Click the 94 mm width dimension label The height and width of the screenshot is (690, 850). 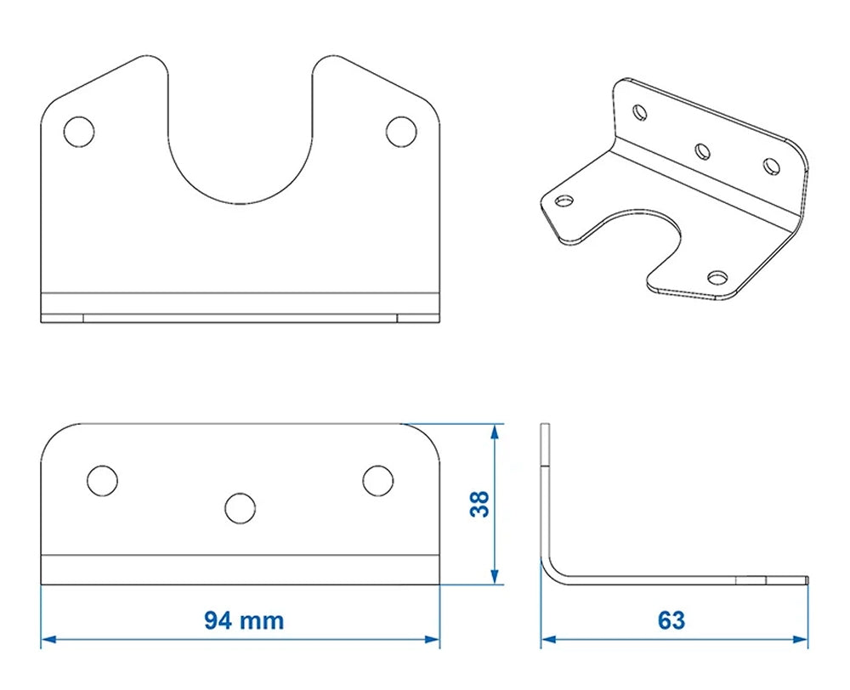pos(243,620)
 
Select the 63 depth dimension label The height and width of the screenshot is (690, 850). pos(671,620)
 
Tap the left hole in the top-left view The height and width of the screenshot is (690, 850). pos(79,132)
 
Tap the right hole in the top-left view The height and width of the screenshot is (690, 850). pos(401,132)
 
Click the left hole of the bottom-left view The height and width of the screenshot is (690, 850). pos(102,480)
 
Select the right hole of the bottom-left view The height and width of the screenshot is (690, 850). pos(377,480)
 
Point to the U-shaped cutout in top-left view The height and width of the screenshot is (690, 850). pos(240,144)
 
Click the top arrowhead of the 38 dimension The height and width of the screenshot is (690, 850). pos(495,431)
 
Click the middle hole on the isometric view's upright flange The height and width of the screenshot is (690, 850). pos(702,151)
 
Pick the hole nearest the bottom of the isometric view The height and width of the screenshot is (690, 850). pos(718,278)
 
